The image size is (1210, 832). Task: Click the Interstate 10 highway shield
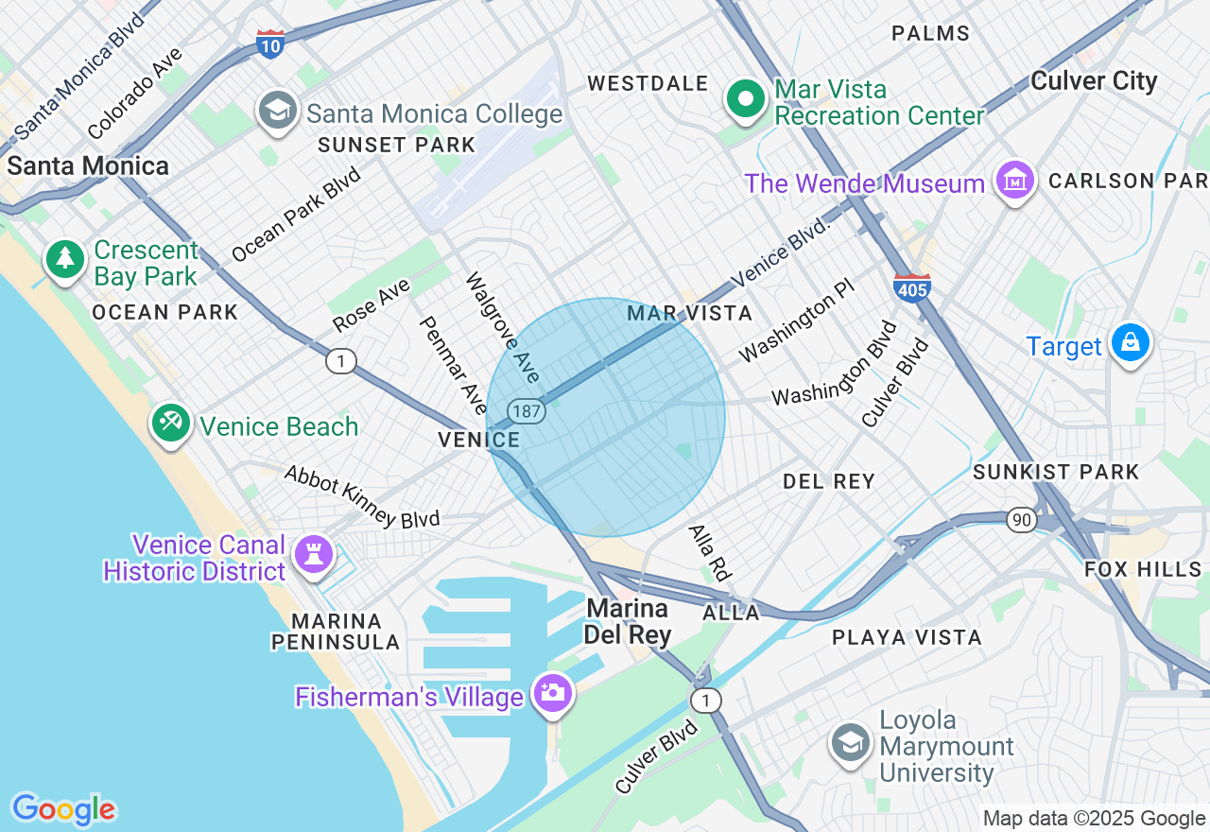tap(270, 43)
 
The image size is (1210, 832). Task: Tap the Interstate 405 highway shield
tap(911, 287)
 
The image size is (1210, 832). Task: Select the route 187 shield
tap(525, 410)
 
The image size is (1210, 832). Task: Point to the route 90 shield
tap(1021, 519)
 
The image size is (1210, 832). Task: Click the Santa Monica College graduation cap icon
tap(277, 111)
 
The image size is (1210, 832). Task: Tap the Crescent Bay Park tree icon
tap(65, 258)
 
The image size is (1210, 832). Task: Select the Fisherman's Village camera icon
tap(552, 693)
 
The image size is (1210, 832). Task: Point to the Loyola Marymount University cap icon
tap(851, 743)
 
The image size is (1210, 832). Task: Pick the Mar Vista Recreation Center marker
tap(746, 98)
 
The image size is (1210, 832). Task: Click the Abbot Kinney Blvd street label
tap(362, 497)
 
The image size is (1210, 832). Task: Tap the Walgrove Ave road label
tap(502, 328)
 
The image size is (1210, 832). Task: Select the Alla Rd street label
tap(711, 552)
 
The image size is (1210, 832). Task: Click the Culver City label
tap(1094, 81)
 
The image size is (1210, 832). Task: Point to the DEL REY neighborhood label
tap(829, 482)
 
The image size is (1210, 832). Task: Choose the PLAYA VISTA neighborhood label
tap(907, 638)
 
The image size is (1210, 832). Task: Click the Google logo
tap(63, 809)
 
